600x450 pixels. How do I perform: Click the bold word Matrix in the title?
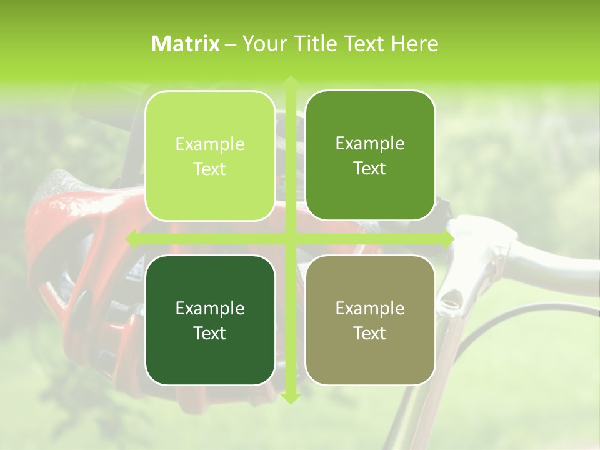tap(186, 44)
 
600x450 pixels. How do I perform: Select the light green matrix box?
tap(210, 156)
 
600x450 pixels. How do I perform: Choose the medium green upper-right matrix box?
tap(370, 156)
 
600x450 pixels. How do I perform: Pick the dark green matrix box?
tap(210, 320)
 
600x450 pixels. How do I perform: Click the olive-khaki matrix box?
tap(370, 320)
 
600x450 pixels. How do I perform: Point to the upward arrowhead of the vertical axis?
tap(290, 81)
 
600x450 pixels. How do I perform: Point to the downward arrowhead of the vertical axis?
tap(290, 398)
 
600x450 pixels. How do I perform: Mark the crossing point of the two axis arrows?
tap(290, 239)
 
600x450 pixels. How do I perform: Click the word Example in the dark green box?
tap(210, 308)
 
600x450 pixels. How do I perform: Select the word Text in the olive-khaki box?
tap(370, 333)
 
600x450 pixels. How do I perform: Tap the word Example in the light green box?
tap(210, 144)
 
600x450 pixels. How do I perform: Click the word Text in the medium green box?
tap(370, 169)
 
